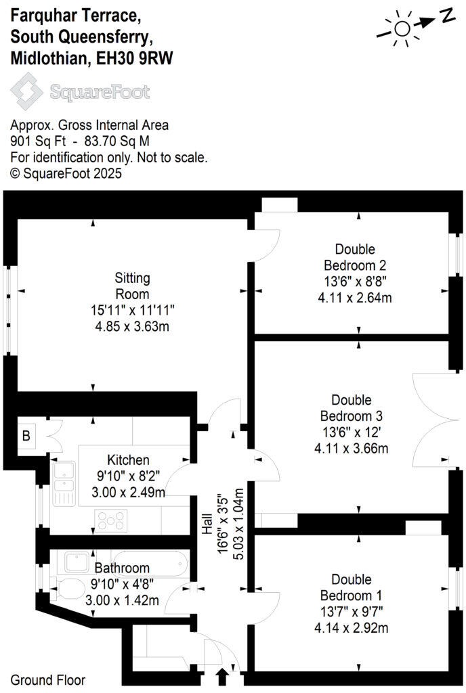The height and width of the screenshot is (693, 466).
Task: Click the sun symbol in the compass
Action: coord(402,28)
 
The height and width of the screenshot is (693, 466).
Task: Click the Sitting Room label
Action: coord(131,286)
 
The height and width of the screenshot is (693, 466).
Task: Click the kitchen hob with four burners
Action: coord(112,520)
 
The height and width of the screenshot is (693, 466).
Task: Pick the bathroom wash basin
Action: coord(75,561)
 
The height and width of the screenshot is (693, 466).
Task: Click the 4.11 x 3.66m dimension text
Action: coord(354,448)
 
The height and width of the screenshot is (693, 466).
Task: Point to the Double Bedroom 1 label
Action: coord(352,588)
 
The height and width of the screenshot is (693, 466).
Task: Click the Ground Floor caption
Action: coord(48,680)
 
